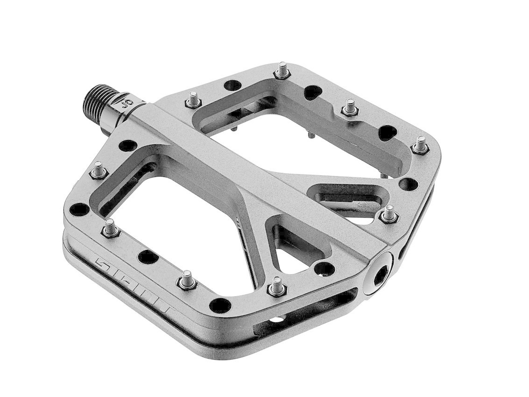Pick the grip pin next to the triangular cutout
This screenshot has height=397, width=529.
click(x=276, y=286)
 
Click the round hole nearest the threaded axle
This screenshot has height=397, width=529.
click(x=127, y=145)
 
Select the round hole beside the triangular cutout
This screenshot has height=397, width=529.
click(x=324, y=269)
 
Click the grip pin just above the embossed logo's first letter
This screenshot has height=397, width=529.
click(x=110, y=228)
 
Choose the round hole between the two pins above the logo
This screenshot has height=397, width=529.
click(x=148, y=256)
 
